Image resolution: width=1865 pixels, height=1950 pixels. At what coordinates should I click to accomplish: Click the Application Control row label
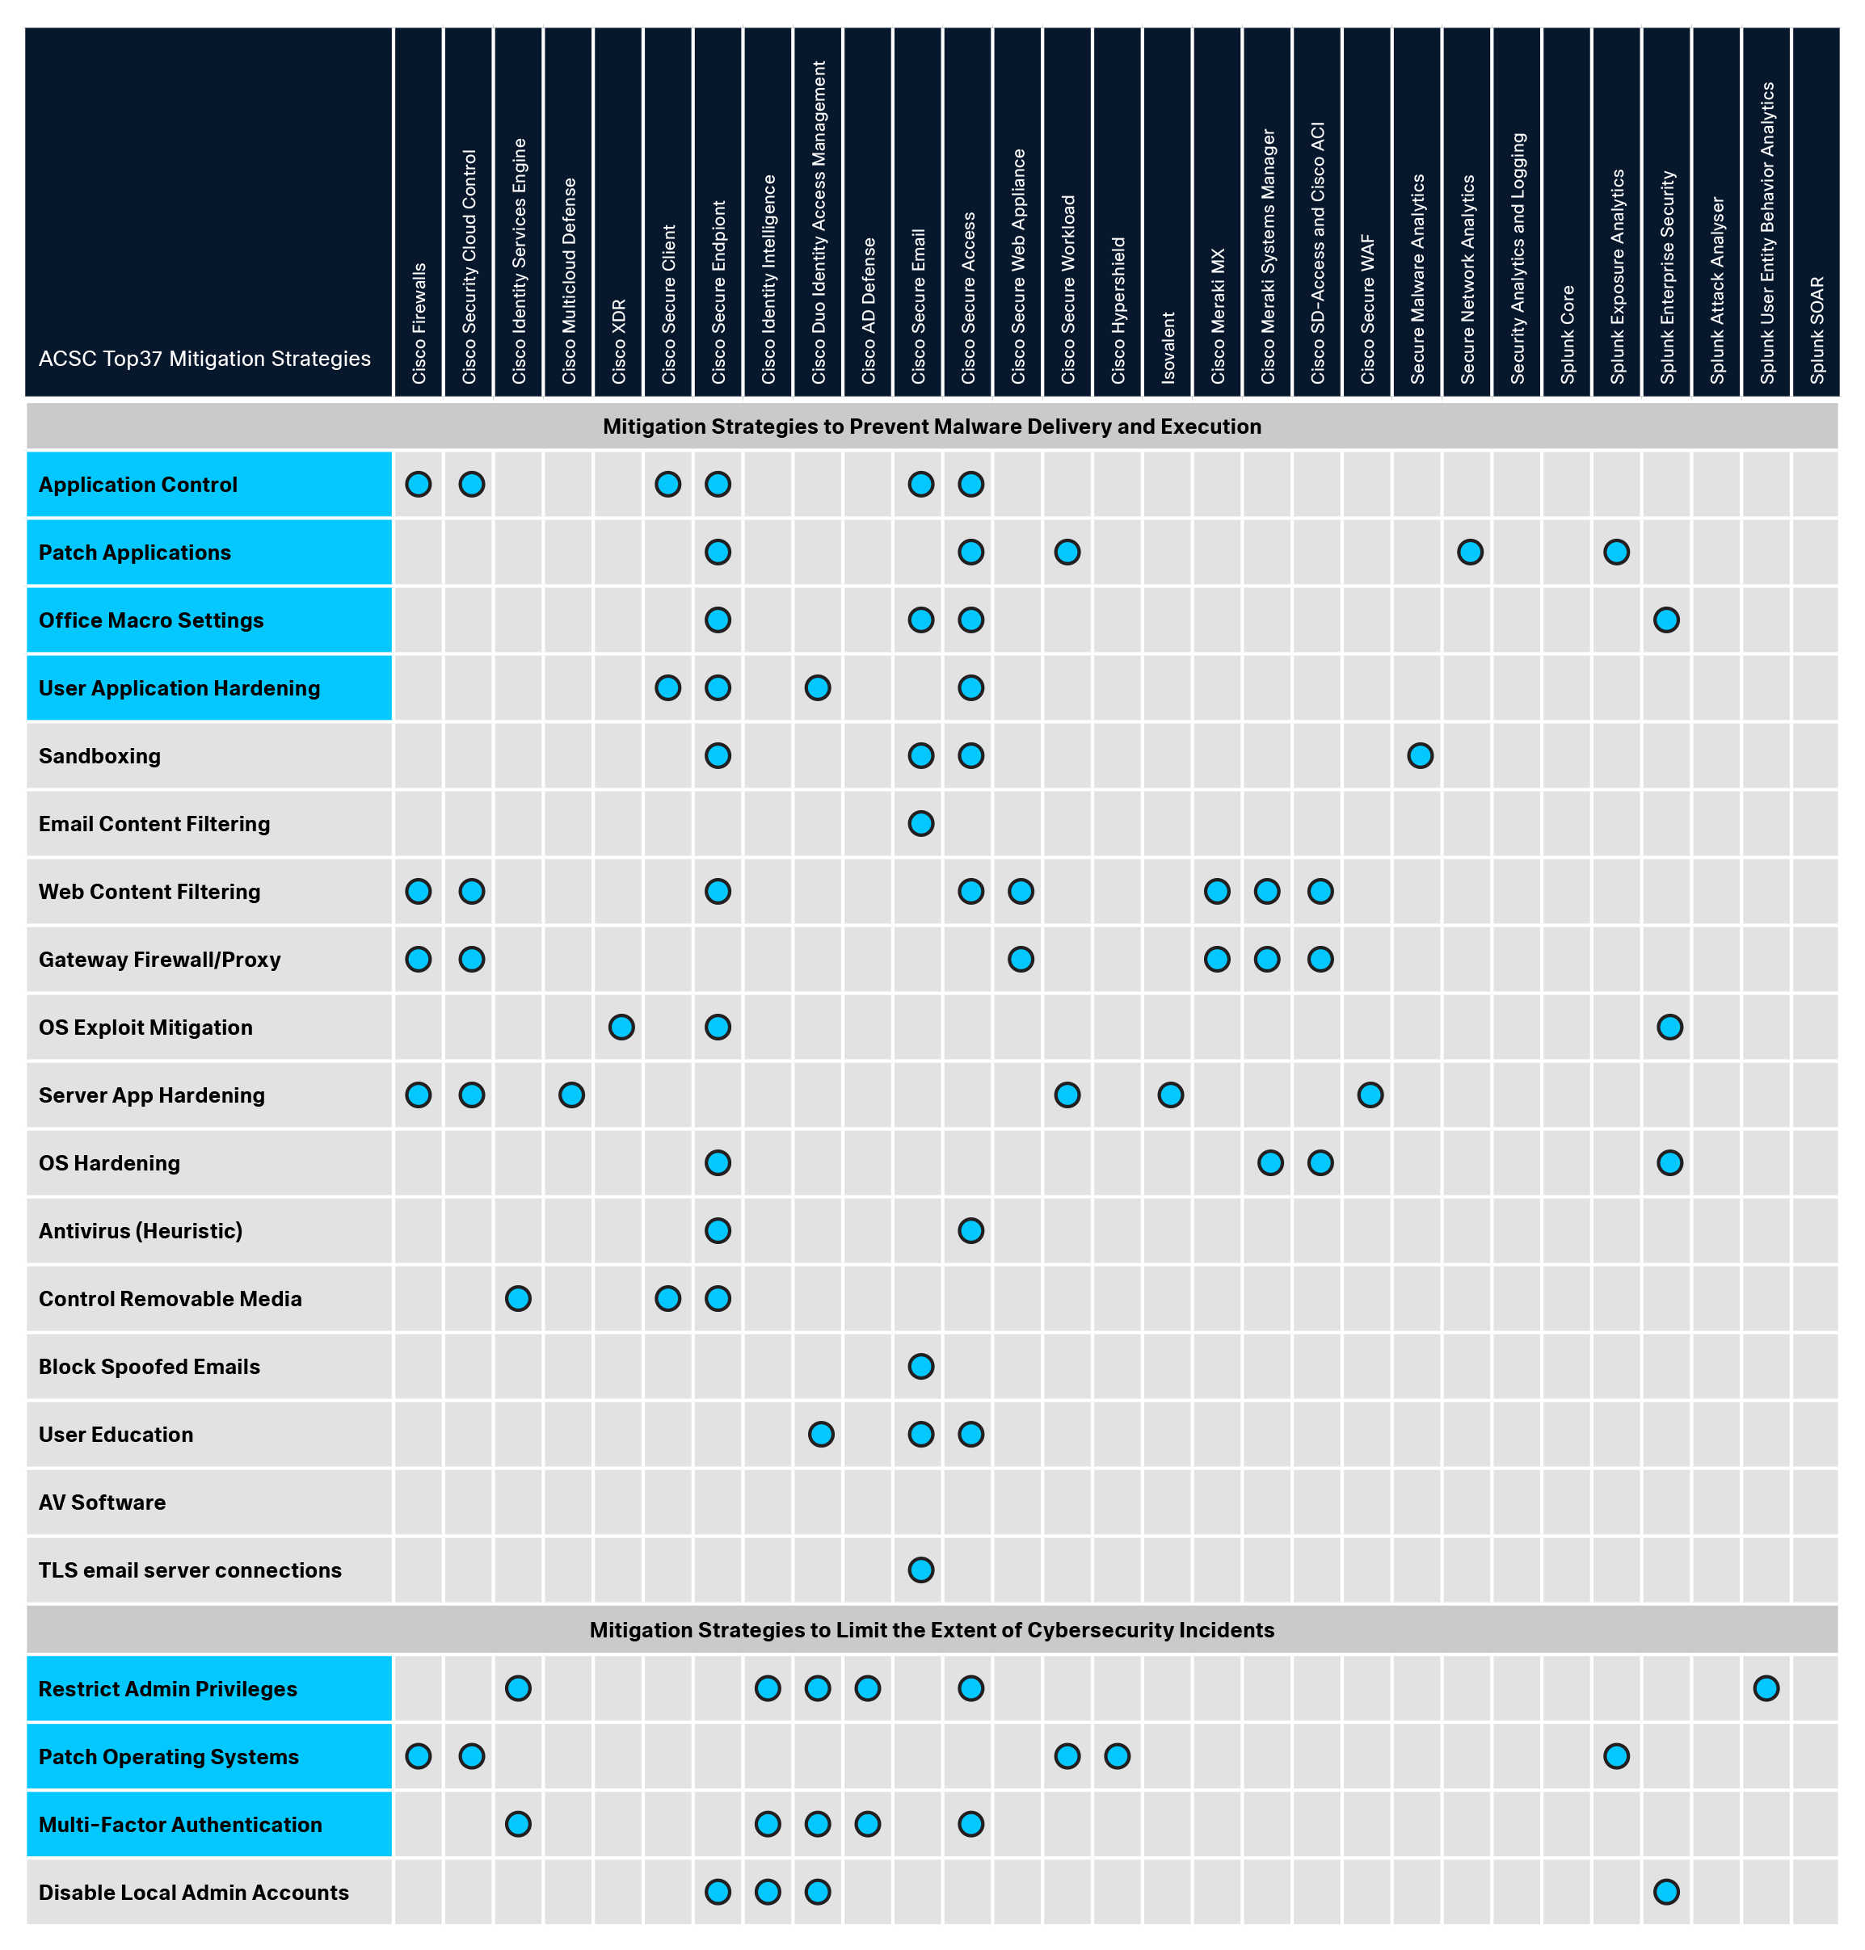click(x=138, y=485)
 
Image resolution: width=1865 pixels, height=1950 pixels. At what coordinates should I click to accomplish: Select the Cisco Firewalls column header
click(x=419, y=322)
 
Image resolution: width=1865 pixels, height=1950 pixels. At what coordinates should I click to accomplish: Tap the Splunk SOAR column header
click(x=1817, y=329)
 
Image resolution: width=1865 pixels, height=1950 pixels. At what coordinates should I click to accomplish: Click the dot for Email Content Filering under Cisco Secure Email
click(x=920, y=824)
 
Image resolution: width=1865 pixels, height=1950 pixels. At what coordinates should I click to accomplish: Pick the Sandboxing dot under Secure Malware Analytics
click(x=1420, y=756)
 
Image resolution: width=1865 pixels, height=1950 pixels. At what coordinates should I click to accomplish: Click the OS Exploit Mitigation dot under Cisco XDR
click(x=621, y=1028)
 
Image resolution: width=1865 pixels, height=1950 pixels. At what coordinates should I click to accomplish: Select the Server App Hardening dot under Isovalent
click(x=1170, y=1095)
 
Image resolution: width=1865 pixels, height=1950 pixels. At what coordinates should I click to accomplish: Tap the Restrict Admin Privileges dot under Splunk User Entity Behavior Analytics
click(x=1766, y=1688)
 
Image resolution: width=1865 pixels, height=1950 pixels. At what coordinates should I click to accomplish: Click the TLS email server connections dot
click(x=920, y=1570)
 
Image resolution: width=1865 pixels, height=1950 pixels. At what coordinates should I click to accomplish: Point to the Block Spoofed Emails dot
click(x=920, y=1367)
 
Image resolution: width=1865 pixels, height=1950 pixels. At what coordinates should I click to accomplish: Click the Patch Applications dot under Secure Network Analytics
click(x=1469, y=553)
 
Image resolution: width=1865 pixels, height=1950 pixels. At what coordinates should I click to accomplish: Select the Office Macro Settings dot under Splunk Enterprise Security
click(x=1666, y=620)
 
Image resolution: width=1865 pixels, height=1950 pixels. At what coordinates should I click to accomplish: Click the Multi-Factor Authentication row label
click(x=180, y=1825)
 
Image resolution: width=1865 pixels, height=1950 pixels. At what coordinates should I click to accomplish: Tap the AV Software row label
click(x=103, y=1502)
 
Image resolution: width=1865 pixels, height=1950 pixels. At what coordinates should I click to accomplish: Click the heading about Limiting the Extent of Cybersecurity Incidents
click(x=932, y=1630)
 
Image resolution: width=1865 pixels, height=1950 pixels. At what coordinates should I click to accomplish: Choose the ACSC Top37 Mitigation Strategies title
click(x=204, y=359)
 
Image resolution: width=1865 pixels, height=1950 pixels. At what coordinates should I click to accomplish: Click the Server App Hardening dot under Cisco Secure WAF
click(x=1370, y=1095)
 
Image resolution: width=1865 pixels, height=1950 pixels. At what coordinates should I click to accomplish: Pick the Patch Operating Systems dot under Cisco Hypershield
click(x=1117, y=1756)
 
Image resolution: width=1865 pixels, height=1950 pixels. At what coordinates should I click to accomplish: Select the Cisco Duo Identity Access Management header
click(x=819, y=223)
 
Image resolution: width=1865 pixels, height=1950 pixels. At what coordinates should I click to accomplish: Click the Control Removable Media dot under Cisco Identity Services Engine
click(x=518, y=1299)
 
